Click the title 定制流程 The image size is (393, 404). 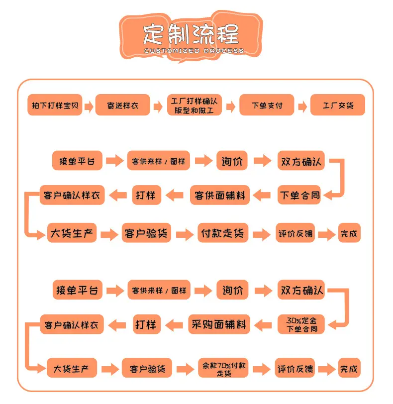(191, 34)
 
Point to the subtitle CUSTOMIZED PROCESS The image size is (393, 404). (194, 51)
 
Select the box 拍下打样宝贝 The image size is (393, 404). (55, 105)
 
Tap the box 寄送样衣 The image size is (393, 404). (122, 105)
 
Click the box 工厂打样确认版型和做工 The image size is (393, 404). (195, 105)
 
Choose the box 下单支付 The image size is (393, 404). (267, 105)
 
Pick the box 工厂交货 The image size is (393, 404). (338, 105)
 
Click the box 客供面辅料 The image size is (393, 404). (220, 195)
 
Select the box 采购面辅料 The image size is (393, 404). (219, 324)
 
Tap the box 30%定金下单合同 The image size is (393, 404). (301, 324)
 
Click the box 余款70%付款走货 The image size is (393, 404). (223, 368)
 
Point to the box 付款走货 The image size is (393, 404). (223, 233)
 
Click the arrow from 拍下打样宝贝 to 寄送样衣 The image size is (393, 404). (89, 106)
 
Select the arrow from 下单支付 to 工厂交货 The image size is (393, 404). (302, 106)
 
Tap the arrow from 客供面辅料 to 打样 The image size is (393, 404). (174, 195)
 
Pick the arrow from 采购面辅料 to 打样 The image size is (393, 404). (174, 324)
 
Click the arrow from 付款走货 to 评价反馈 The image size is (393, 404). (262, 234)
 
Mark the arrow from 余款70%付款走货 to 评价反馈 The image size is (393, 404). (262, 369)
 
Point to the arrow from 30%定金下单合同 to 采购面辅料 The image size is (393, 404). (263, 324)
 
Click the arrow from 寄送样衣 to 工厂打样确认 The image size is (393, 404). (158, 106)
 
